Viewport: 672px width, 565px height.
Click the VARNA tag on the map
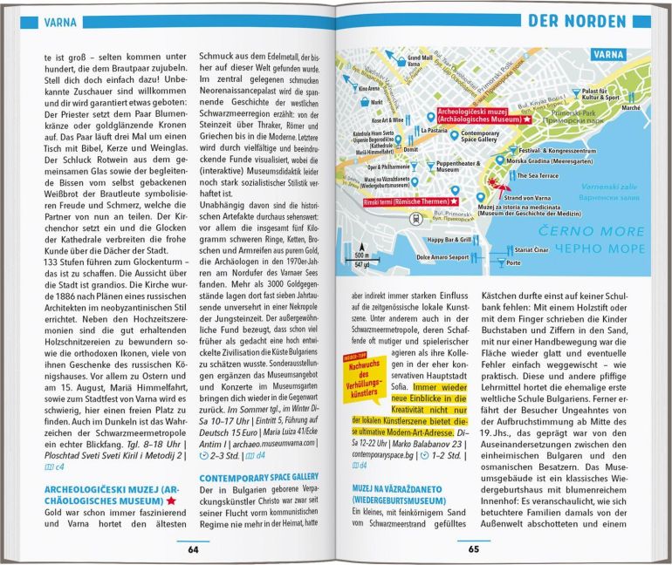coord(608,54)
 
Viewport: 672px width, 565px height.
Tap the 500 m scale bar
coord(360,233)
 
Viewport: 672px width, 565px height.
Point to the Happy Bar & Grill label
coord(449,239)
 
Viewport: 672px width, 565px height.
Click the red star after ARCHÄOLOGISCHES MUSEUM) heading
coord(171,501)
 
